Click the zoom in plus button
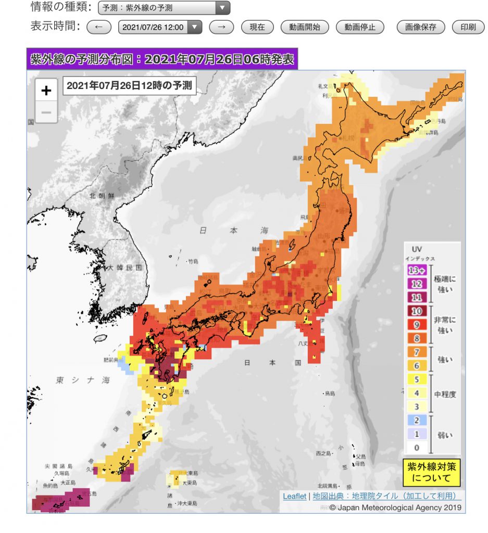point(46,91)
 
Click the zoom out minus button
point(46,112)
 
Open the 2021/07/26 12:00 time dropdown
point(160,27)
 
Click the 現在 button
point(257,27)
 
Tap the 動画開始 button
point(305,27)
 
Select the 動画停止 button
point(360,27)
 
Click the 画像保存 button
point(420,27)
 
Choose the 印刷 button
point(468,27)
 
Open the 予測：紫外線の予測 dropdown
point(164,8)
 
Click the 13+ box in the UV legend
point(416,270)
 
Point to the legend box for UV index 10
point(416,311)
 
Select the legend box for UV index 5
point(416,379)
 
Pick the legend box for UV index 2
point(416,420)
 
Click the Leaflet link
point(294,496)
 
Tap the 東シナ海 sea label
point(83,380)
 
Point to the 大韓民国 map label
point(124,268)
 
